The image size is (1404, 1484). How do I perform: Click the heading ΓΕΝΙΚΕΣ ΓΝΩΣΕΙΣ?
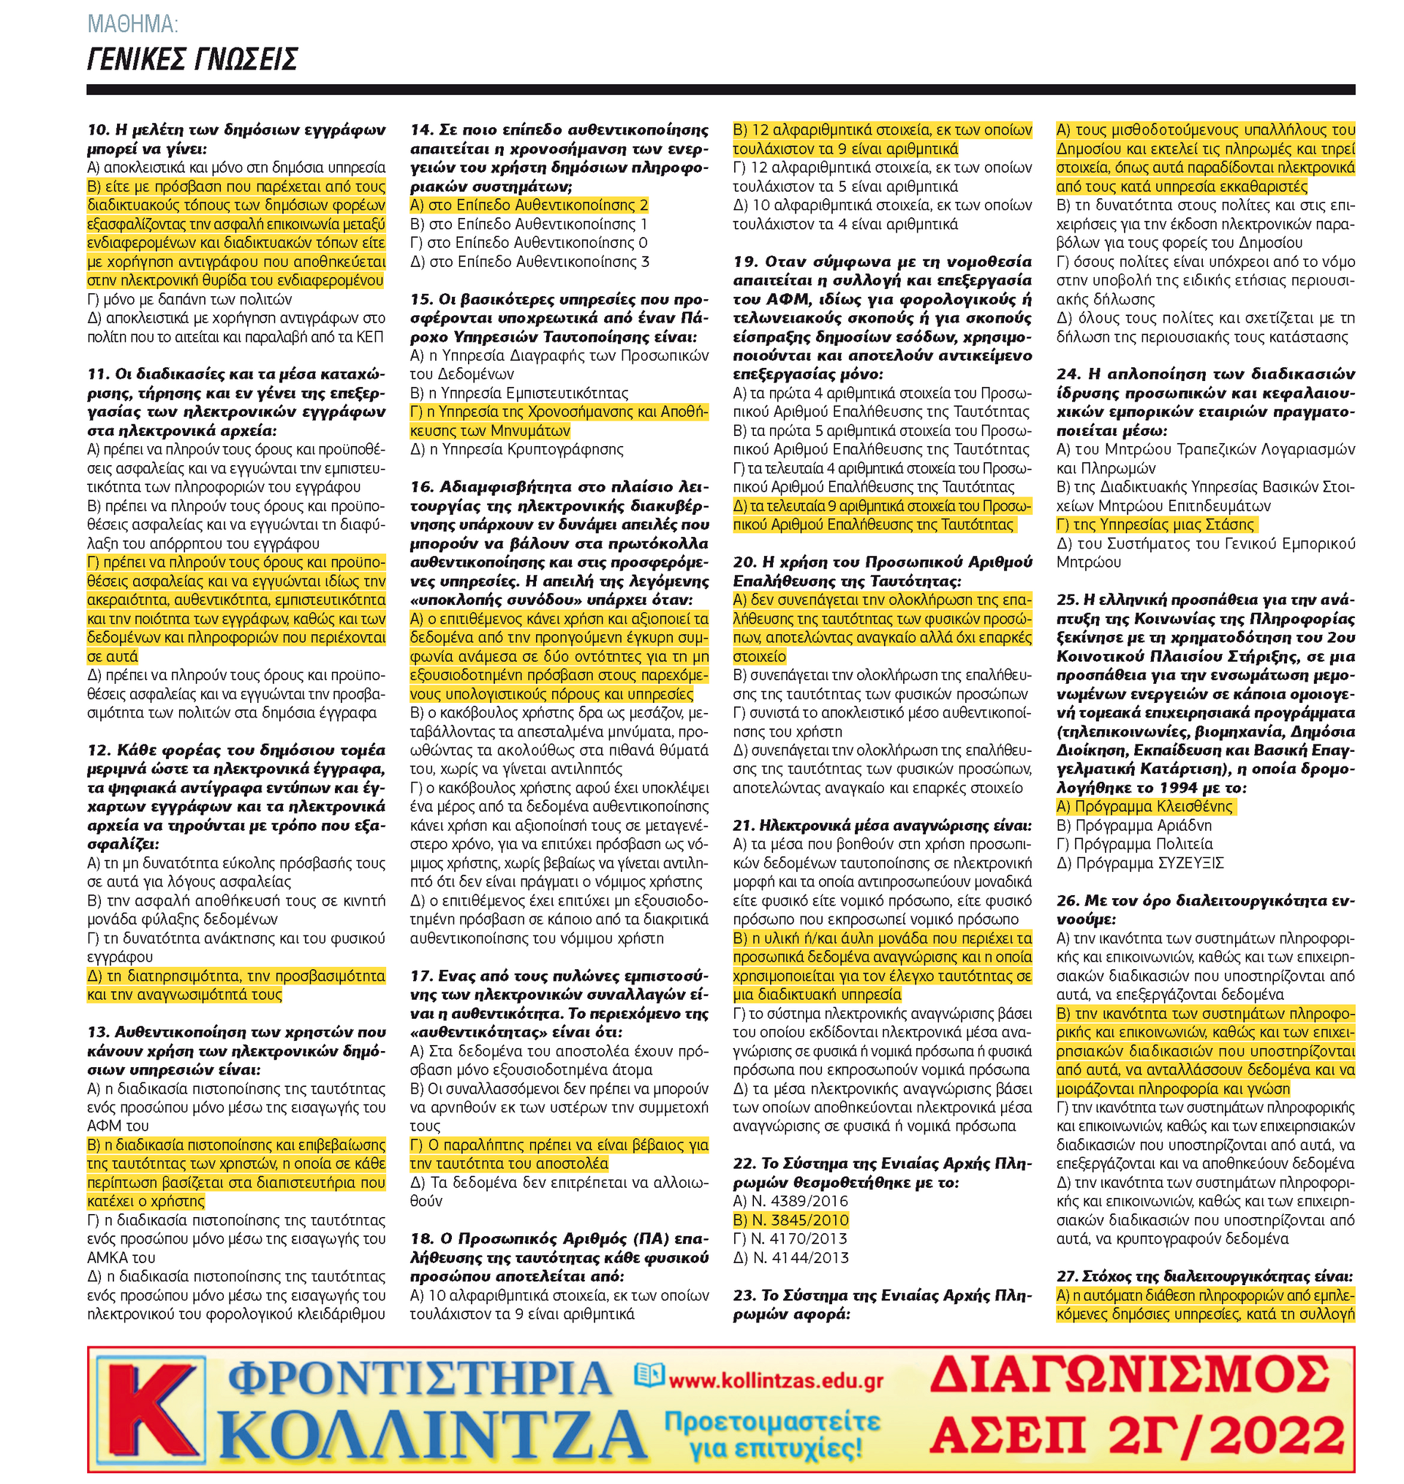(x=192, y=59)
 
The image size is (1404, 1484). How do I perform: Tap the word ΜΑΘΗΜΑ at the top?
(x=132, y=25)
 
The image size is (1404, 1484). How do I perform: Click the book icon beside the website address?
(x=649, y=1374)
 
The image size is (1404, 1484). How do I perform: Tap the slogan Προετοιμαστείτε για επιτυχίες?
(x=772, y=1435)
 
